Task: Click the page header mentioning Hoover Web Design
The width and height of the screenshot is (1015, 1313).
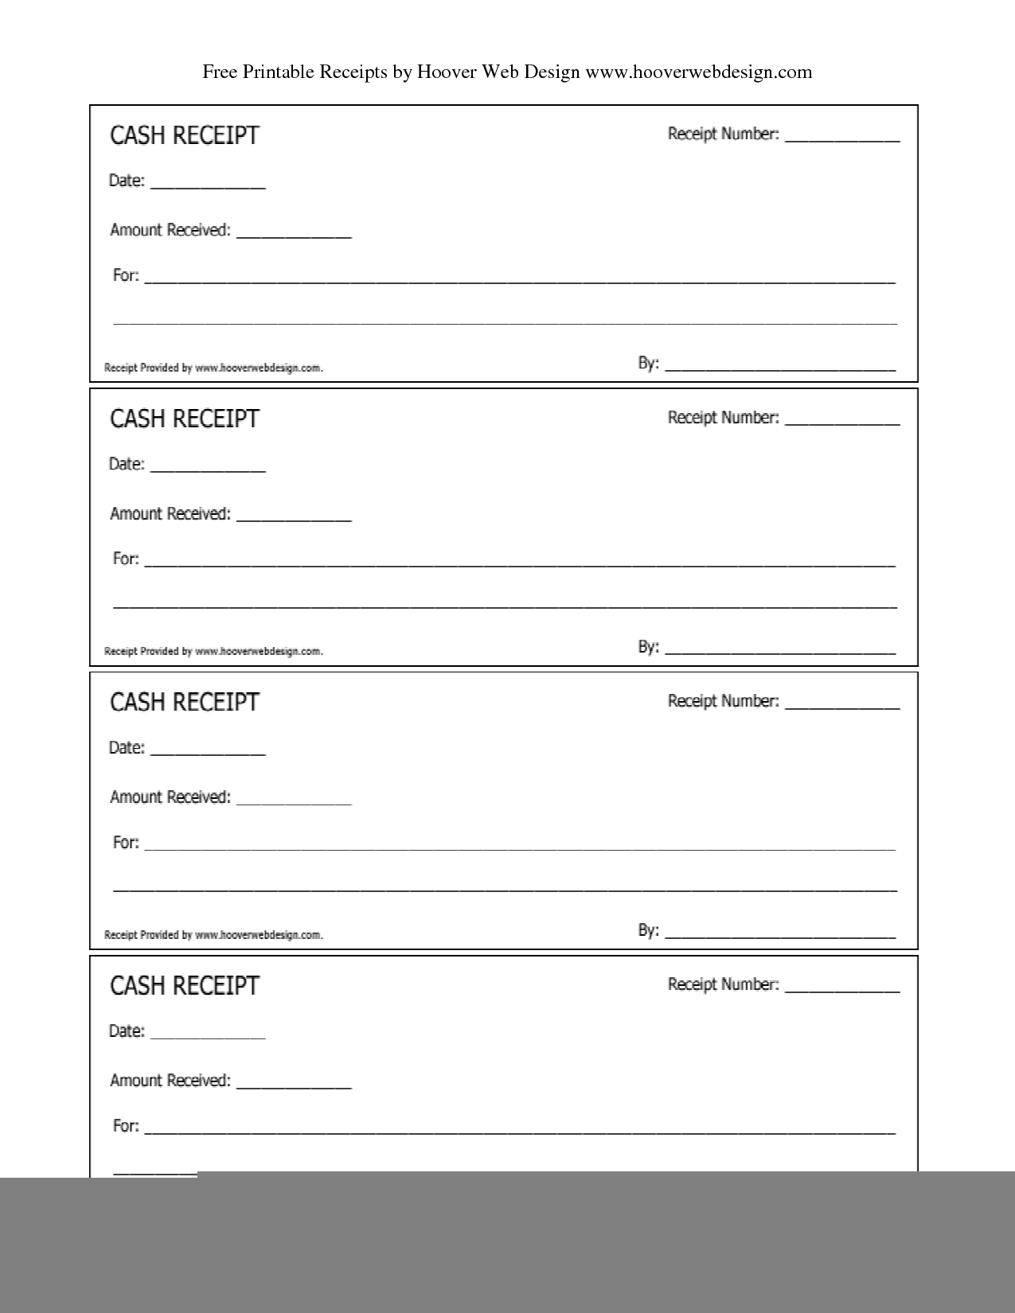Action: pos(507,72)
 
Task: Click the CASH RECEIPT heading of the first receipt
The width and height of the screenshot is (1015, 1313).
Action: pos(185,135)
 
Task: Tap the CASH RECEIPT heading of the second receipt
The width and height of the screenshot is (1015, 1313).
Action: pos(185,419)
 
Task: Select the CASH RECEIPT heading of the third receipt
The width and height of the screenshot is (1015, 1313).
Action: pos(185,702)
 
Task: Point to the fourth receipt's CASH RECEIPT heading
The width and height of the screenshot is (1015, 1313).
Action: pos(185,986)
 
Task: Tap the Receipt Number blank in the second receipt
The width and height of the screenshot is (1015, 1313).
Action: pos(842,421)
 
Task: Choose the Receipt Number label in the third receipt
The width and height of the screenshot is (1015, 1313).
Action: pos(723,701)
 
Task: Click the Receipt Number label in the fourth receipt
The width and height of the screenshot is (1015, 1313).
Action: pos(723,984)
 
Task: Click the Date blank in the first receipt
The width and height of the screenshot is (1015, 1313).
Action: pos(208,184)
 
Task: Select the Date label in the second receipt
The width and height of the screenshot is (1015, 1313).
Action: pos(127,464)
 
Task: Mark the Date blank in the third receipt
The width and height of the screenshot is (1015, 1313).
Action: pos(208,751)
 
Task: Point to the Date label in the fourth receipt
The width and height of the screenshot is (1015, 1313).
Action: pos(127,1031)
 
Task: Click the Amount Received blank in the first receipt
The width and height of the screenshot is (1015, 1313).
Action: pos(294,233)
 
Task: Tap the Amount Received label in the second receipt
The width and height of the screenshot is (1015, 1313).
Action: pos(170,514)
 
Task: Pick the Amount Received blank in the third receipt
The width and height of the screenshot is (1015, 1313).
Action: pos(294,801)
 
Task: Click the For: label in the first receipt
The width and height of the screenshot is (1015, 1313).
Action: pos(126,275)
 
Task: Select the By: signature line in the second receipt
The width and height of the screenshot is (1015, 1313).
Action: pos(780,651)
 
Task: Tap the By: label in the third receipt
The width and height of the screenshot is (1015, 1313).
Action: pos(648,929)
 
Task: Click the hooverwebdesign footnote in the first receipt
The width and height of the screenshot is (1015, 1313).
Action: pos(213,368)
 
